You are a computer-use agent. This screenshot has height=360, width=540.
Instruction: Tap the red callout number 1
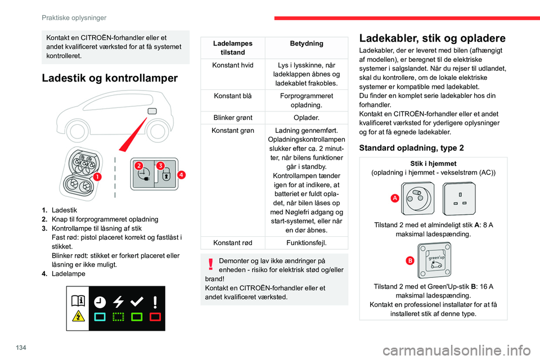[x=97, y=177]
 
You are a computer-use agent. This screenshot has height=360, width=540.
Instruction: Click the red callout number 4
[x=181, y=174]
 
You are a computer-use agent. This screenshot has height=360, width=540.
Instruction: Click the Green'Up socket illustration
[x=434, y=260]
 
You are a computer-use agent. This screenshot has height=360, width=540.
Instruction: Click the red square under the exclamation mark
[x=155, y=317]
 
